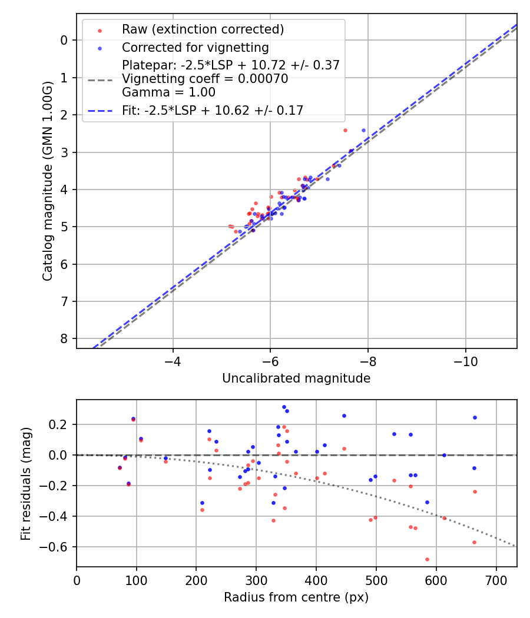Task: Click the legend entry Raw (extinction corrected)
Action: point(203,29)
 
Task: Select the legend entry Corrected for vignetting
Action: point(195,48)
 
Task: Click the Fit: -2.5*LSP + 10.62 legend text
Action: point(213,111)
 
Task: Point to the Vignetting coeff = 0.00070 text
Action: point(205,79)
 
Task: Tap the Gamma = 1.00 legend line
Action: point(168,92)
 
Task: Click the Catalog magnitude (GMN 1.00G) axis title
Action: point(48,181)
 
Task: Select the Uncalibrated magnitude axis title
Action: point(296,378)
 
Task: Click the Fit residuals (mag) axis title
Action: point(26,483)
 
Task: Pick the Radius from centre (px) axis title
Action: point(296,597)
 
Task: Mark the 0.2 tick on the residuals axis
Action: point(61,424)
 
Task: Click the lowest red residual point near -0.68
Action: point(427,559)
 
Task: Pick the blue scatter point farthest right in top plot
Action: point(363,130)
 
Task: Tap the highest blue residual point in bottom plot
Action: point(284,407)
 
